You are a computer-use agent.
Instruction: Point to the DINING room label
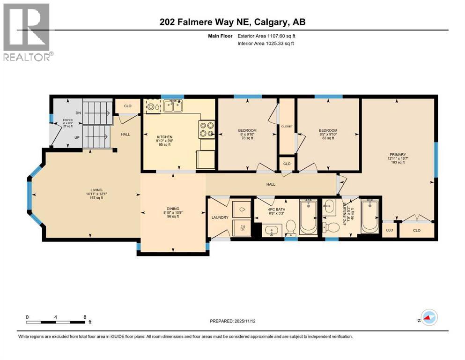[173, 209]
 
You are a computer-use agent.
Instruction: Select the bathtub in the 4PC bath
[308, 216]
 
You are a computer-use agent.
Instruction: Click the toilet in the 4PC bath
[290, 227]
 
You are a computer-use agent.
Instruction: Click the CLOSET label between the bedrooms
[286, 126]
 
